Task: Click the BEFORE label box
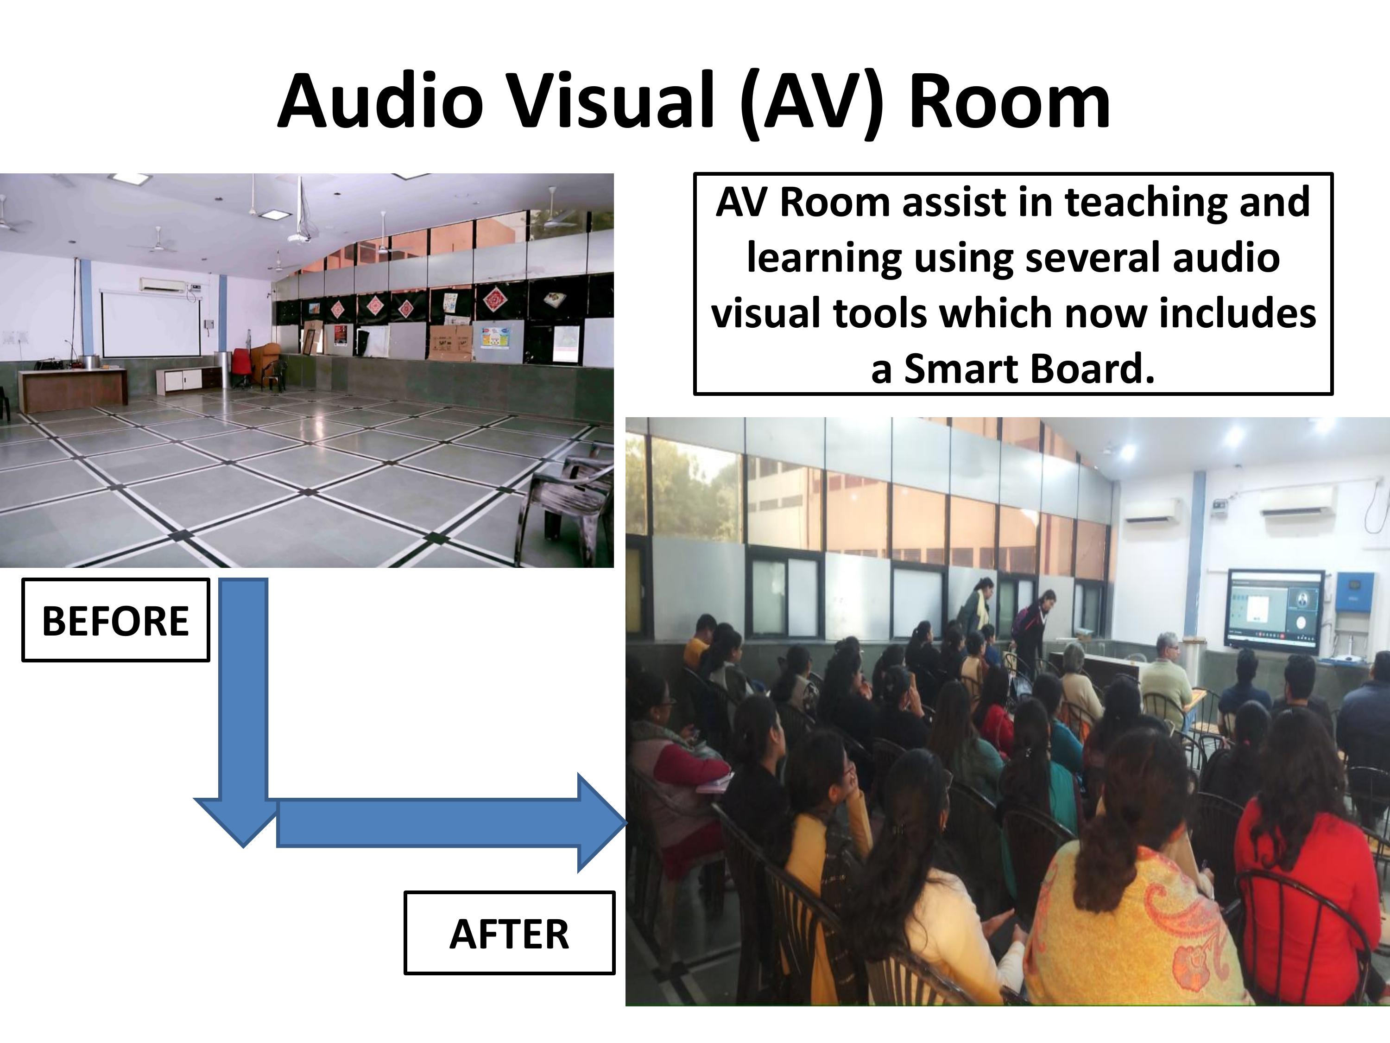[x=116, y=620]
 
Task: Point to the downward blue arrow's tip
[x=243, y=847]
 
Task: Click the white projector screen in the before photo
[x=151, y=324]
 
